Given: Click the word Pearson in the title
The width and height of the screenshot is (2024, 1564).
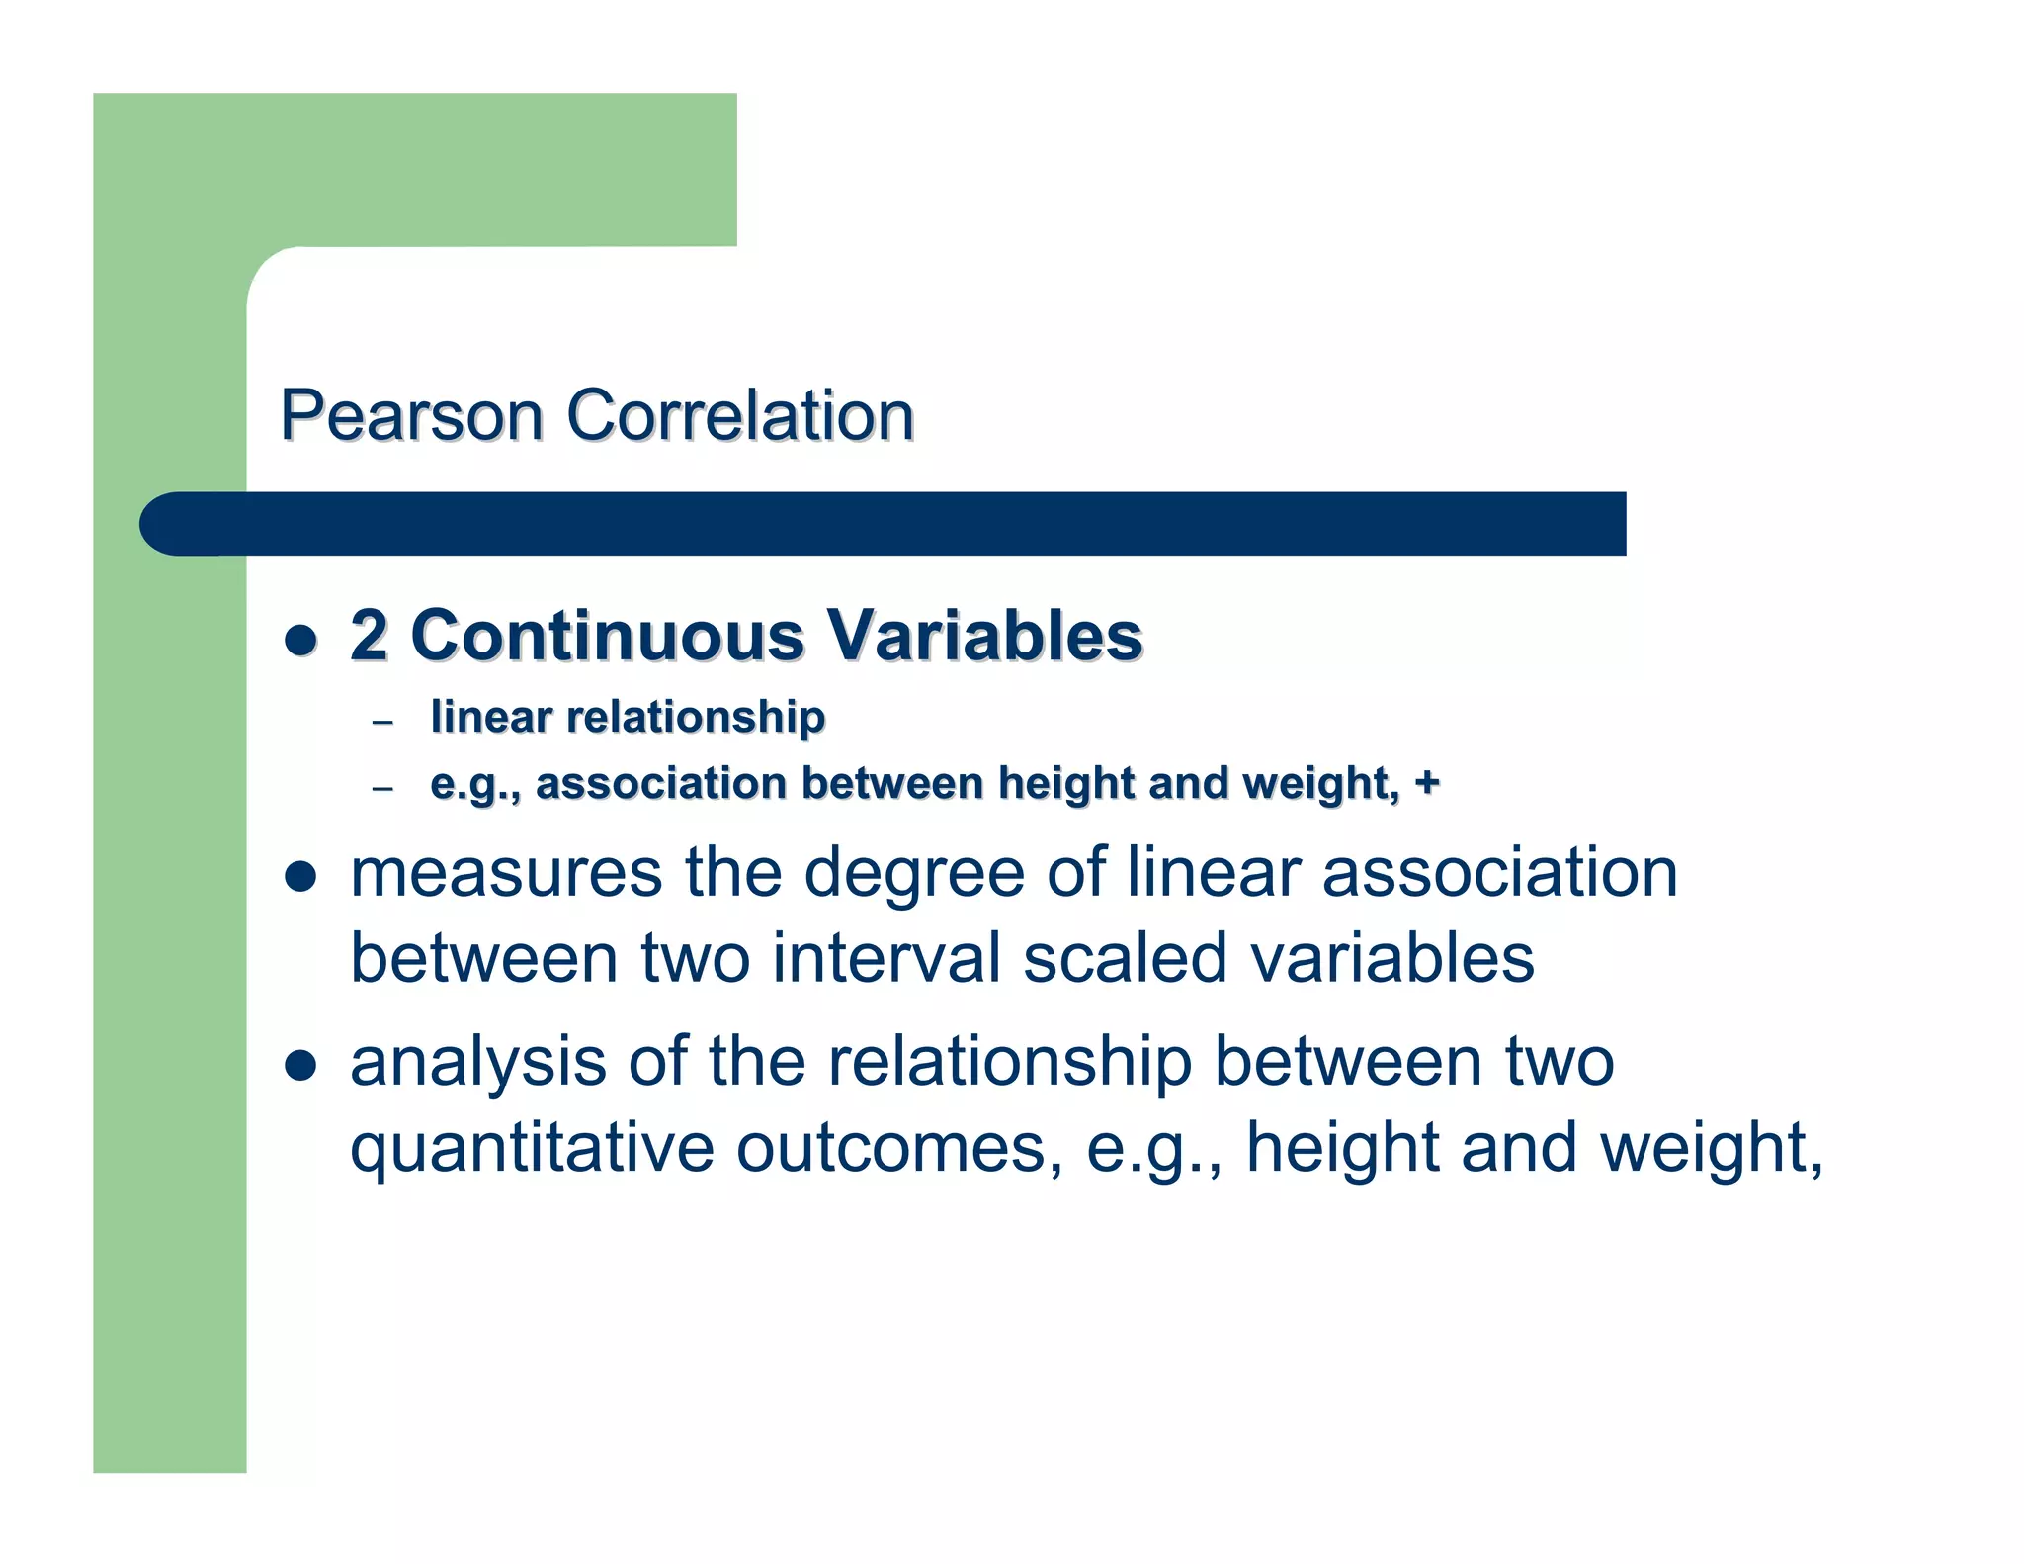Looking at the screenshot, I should pos(411,416).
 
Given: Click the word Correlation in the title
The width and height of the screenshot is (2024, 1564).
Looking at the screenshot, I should pos(740,416).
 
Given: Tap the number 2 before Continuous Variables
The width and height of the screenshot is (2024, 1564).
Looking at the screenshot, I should pos(369,636).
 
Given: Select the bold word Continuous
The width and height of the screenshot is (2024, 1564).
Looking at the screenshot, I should pos(607,636).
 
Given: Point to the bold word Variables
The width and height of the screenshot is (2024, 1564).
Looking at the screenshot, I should pos(984,636).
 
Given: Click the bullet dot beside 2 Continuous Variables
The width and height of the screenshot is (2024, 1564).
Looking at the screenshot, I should pos(299,640).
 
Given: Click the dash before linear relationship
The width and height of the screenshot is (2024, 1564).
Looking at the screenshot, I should pos(382,723).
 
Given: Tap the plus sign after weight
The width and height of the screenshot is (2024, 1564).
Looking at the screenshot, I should pos(1426,783).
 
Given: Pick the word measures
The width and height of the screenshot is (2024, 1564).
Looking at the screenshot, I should pos(506,874).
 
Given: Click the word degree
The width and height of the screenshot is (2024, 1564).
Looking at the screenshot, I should pos(914,874).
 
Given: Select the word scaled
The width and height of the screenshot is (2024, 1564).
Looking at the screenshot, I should pos(1125,959).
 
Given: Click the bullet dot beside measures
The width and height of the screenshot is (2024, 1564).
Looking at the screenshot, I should pos(299,876).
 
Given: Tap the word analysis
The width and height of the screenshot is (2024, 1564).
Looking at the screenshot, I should pos(478,1063).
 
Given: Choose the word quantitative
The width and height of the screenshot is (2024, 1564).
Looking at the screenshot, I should pos(532,1149).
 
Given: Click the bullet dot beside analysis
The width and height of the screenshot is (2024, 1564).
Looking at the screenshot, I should pos(299,1065).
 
